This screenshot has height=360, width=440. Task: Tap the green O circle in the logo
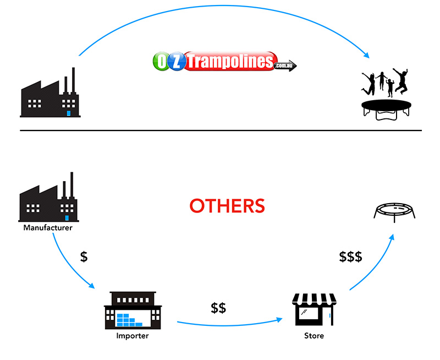click(x=161, y=61)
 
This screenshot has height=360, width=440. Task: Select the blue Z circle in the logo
click(x=177, y=61)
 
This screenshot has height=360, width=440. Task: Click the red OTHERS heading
click(x=227, y=206)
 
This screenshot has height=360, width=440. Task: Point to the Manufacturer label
click(x=47, y=227)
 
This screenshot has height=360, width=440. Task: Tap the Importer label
click(x=132, y=335)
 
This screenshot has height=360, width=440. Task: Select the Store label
click(x=314, y=335)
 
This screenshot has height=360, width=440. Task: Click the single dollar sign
click(x=84, y=257)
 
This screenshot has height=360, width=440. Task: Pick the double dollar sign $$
click(x=218, y=308)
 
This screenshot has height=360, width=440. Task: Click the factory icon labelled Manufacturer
click(x=48, y=198)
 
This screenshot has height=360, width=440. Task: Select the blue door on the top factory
click(x=69, y=113)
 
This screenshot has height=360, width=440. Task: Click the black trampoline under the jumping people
click(x=387, y=107)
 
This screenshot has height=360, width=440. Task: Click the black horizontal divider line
click(x=220, y=130)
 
